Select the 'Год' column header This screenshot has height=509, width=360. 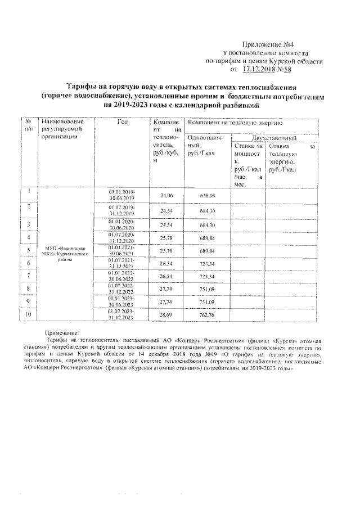(122, 121)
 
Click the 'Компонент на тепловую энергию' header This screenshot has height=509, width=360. (235, 122)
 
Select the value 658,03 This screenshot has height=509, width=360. (208, 195)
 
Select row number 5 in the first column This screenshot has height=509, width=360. (28, 250)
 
